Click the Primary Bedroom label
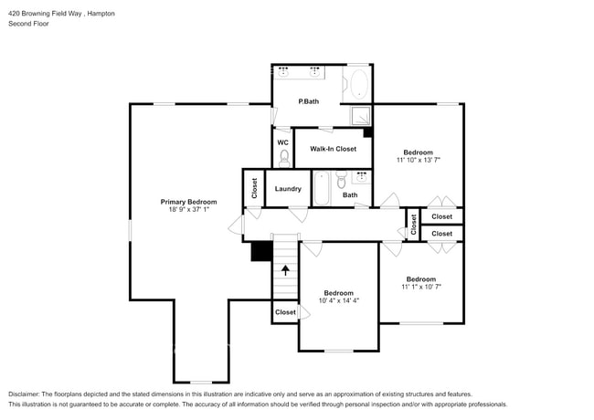pyautogui.click(x=188, y=202)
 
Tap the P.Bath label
pyautogui.click(x=308, y=100)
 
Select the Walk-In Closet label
pyautogui.click(x=333, y=148)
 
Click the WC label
pyautogui.click(x=282, y=142)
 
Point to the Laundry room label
pyautogui.click(x=288, y=189)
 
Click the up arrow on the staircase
pyautogui.click(x=286, y=270)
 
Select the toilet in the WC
pyautogui.click(x=283, y=159)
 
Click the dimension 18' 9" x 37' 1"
pyautogui.click(x=188, y=210)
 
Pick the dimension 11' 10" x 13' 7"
pyautogui.click(x=419, y=160)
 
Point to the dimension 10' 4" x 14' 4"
pyautogui.click(x=340, y=301)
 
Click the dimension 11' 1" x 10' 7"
pyautogui.click(x=420, y=287)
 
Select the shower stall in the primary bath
pyautogui.click(x=362, y=115)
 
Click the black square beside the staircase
pyautogui.click(x=261, y=251)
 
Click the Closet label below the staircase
pyautogui.click(x=285, y=312)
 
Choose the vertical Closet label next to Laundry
pyautogui.click(x=253, y=189)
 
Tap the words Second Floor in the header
pyautogui.click(x=28, y=24)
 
